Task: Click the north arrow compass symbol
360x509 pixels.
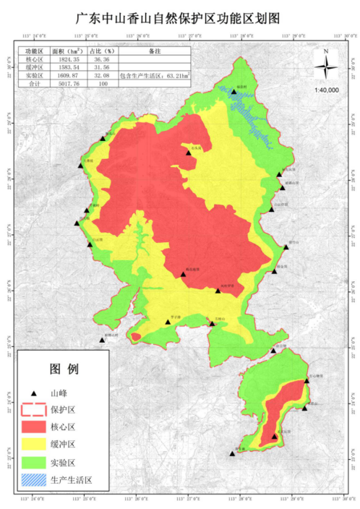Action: tap(327, 68)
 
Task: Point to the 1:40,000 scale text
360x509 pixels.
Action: tap(327, 89)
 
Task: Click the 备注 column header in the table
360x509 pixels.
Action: tap(154, 52)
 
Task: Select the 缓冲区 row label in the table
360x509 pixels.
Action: tap(33, 68)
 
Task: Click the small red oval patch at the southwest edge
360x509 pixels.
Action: tap(135, 336)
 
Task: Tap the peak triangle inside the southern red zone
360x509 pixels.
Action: tap(275, 436)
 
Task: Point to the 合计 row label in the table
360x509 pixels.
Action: tap(33, 84)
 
